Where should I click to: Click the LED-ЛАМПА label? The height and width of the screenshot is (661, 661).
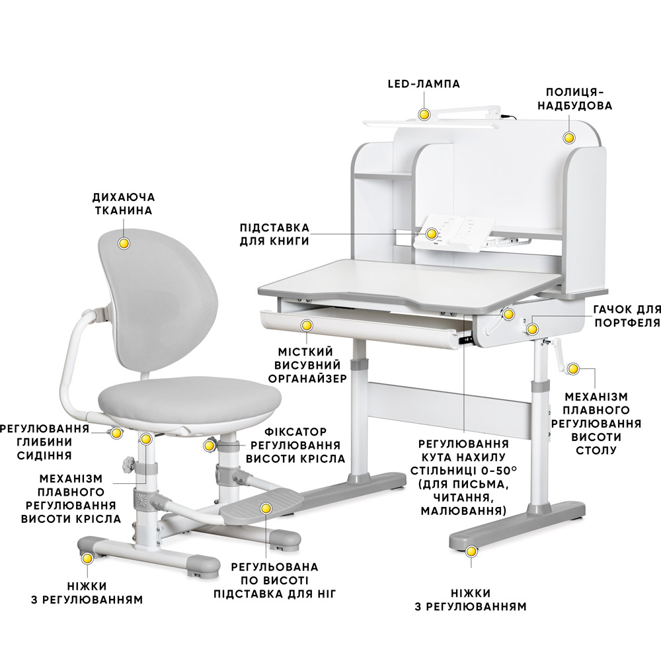coord(424,84)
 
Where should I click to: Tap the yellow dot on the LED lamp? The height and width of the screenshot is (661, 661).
coord(424,114)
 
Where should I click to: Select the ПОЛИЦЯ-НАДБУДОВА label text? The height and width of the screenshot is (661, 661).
coord(574,99)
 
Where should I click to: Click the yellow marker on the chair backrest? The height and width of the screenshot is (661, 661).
coord(124,243)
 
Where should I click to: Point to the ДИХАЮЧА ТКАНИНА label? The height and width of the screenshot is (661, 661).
coord(124,204)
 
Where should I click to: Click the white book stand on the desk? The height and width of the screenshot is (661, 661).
coord(450,232)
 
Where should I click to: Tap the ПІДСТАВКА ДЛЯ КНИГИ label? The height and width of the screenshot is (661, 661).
coord(274,235)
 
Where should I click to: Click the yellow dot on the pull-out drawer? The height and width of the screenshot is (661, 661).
coord(307,325)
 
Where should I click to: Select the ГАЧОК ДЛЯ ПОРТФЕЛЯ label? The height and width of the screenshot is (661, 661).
coord(627,316)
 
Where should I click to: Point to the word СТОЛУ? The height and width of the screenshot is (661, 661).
coord(596,450)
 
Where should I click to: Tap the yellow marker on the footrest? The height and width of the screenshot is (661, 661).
coord(265,508)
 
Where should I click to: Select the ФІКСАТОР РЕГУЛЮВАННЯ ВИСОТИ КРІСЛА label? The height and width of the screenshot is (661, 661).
coord(295,445)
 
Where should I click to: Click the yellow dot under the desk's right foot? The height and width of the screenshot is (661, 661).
coord(471,551)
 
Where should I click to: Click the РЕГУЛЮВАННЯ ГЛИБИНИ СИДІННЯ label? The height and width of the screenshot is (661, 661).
coord(45,442)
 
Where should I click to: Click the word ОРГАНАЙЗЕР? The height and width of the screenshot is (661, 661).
coord(307,379)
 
